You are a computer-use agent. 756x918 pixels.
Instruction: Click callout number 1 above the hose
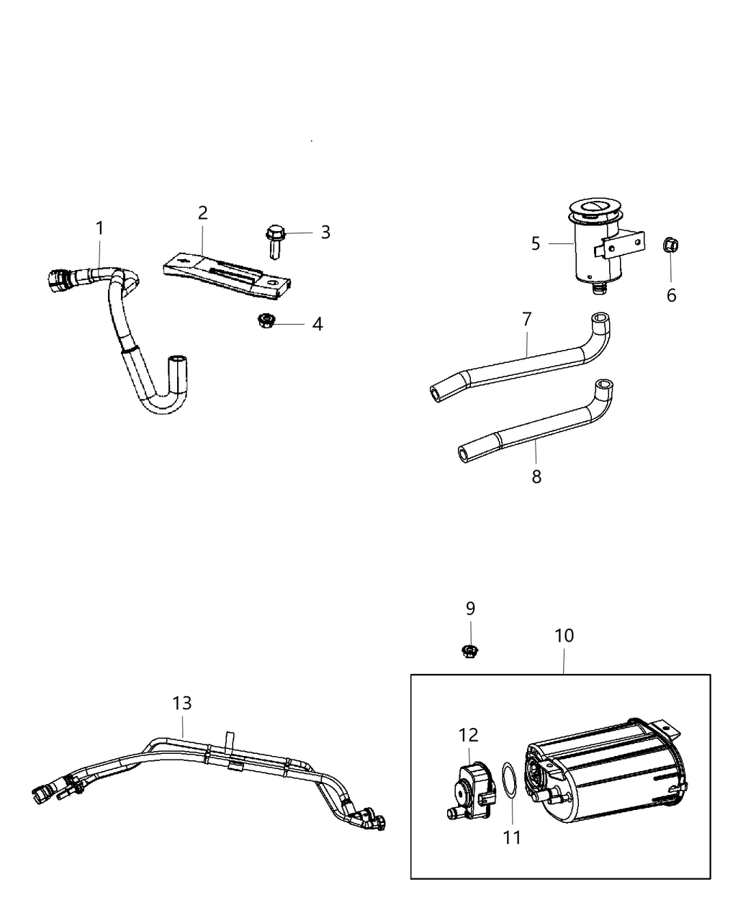[99, 228]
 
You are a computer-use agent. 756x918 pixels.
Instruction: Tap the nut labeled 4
[264, 321]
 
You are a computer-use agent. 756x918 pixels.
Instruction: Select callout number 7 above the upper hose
[526, 320]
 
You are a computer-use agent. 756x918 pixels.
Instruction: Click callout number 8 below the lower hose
[536, 477]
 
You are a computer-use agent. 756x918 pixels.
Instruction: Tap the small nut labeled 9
[470, 652]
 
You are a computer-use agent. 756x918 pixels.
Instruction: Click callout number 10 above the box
[564, 636]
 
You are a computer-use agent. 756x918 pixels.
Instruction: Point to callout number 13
[182, 703]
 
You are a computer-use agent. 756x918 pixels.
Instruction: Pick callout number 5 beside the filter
[536, 243]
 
